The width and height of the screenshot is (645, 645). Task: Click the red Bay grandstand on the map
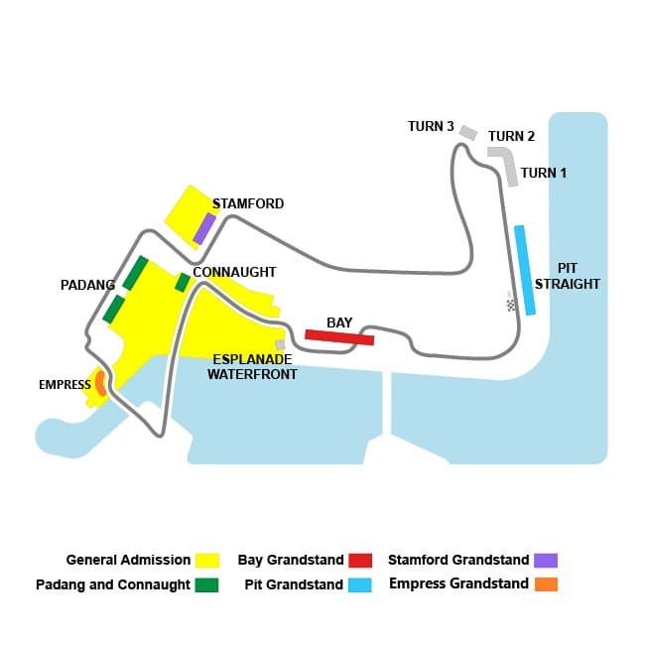pos(339,337)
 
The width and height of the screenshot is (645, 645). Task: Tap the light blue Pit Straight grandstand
pos(525,270)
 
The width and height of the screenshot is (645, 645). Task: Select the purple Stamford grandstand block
pos(204,228)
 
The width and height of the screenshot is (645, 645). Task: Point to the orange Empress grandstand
pos(100,383)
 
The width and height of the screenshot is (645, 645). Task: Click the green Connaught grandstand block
pos(183,282)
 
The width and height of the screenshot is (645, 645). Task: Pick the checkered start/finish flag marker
pos(511,306)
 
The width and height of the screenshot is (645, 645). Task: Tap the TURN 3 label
pos(431,126)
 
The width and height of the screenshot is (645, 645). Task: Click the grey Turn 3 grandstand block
pos(468,133)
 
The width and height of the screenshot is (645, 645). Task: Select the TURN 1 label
pos(544,173)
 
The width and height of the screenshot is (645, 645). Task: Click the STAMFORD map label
pos(248,203)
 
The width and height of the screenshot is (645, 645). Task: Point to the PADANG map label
pos(87,285)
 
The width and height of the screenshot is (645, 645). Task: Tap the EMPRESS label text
pos(64,385)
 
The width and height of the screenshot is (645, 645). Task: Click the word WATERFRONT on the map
pos(252,374)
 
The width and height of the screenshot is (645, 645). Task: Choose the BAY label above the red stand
pos(339,322)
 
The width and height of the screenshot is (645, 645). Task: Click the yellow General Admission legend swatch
pos(207,561)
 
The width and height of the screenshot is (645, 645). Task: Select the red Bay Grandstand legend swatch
pos(360,561)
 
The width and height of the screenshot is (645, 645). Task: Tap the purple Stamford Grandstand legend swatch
pos(546,561)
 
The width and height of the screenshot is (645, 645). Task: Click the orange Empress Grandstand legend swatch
pos(546,584)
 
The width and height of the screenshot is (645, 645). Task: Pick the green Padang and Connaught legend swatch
pos(207,584)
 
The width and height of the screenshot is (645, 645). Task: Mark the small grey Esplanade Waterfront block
pos(280,344)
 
